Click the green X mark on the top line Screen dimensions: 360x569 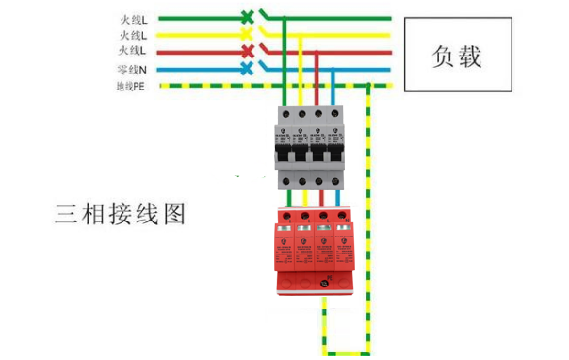click(247, 16)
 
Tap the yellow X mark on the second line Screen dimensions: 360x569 click(247, 34)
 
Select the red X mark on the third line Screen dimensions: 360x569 click(247, 51)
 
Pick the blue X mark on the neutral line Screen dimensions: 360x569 click(247, 69)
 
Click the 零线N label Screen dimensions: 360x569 click(131, 70)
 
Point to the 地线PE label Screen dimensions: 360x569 click(130, 87)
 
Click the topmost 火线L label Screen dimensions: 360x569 click(131, 17)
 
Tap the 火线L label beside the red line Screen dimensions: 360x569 click(131, 52)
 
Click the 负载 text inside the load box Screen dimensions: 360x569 click(456, 57)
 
